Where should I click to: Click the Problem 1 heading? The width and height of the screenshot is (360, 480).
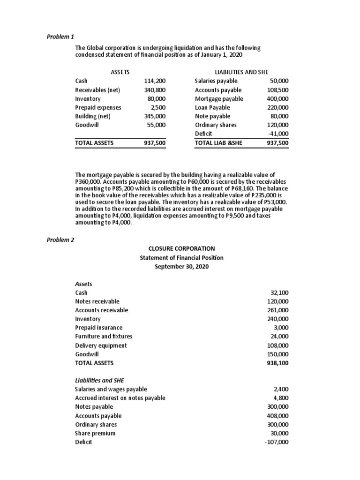pyautogui.click(x=60, y=37)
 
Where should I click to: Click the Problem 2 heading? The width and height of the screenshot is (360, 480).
pyautogui.click(x=60, y=240)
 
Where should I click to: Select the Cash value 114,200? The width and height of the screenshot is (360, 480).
pyautogui.click(x=155, y=81)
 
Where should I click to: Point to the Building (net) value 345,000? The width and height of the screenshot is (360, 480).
pyautogui.click(x=155, y=116)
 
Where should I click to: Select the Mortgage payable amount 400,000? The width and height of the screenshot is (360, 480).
pyautogui.click(x=278, y=98)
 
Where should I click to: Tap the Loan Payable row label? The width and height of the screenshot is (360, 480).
pyautogui.click(x=212, y=107)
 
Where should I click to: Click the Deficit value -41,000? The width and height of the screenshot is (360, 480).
pyautogui.click(x=279, y=134)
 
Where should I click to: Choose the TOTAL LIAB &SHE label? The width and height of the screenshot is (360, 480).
pyautogui.click(x=218, y=143)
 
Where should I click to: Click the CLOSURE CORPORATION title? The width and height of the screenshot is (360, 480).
pyautogui.click(x=181, y=248)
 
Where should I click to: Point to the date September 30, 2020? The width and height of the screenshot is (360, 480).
pyautogui.click(x=181, y=266)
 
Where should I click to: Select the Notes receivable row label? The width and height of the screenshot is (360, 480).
pyautogui.click(x=97, y=301)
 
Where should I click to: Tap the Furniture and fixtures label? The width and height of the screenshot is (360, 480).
pyautogui.click(x=104, y=336)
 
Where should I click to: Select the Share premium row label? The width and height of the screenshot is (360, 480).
pyautogui.click(x=95, y=433)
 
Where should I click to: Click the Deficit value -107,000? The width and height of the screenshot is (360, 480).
pyautogui.click(x=277, y=442)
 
